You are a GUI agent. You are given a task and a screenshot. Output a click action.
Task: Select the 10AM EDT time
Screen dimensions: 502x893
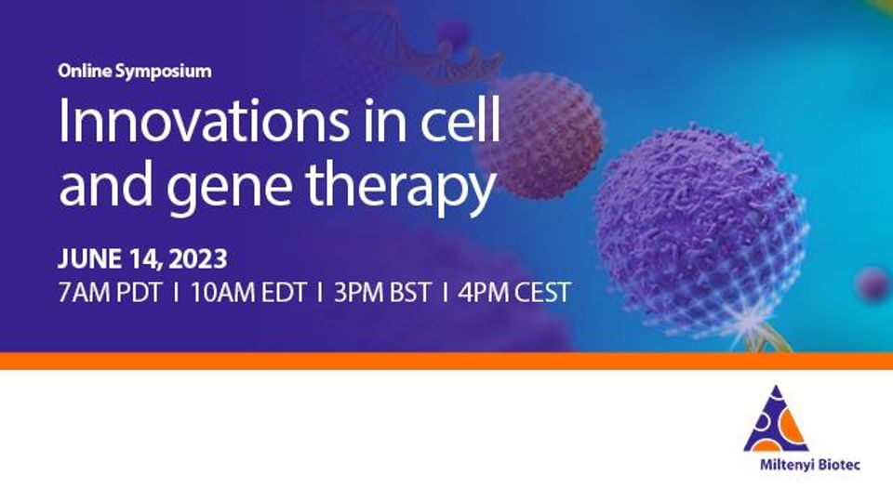pyautogui.click(x=248, y=293)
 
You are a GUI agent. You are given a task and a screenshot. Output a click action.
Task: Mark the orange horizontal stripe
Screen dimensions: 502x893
pyautogui.click(x=446, y=361)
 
